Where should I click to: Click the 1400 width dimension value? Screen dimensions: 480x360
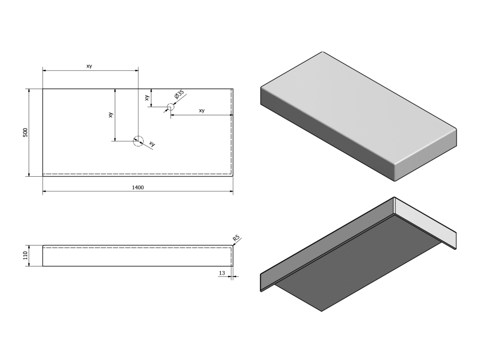[x=138, y=187]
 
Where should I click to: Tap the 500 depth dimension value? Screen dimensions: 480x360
[x=25, y=132]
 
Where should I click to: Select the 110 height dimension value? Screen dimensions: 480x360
[x=25, y=255]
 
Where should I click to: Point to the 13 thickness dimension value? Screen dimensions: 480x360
[x=222, y=273]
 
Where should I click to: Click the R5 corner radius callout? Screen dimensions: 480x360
[x=236, y=238]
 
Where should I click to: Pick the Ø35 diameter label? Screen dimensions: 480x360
[x=179, y=94]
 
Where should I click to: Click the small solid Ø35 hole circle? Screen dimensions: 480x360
[x=171, y=107]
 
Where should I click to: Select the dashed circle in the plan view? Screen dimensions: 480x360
[x=138, y=141]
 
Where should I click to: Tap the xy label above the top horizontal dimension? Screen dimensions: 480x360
[x=89, y=66]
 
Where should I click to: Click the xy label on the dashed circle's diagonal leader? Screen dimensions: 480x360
[x=152, y=143]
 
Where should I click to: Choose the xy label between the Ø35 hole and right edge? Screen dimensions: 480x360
[x=202, y=111]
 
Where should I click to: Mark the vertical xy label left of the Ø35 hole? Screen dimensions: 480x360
[x=147, y=97]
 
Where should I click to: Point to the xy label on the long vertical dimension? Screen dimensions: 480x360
[x=111, y=115]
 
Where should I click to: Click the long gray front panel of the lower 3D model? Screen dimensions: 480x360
[x=327, y=243]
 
